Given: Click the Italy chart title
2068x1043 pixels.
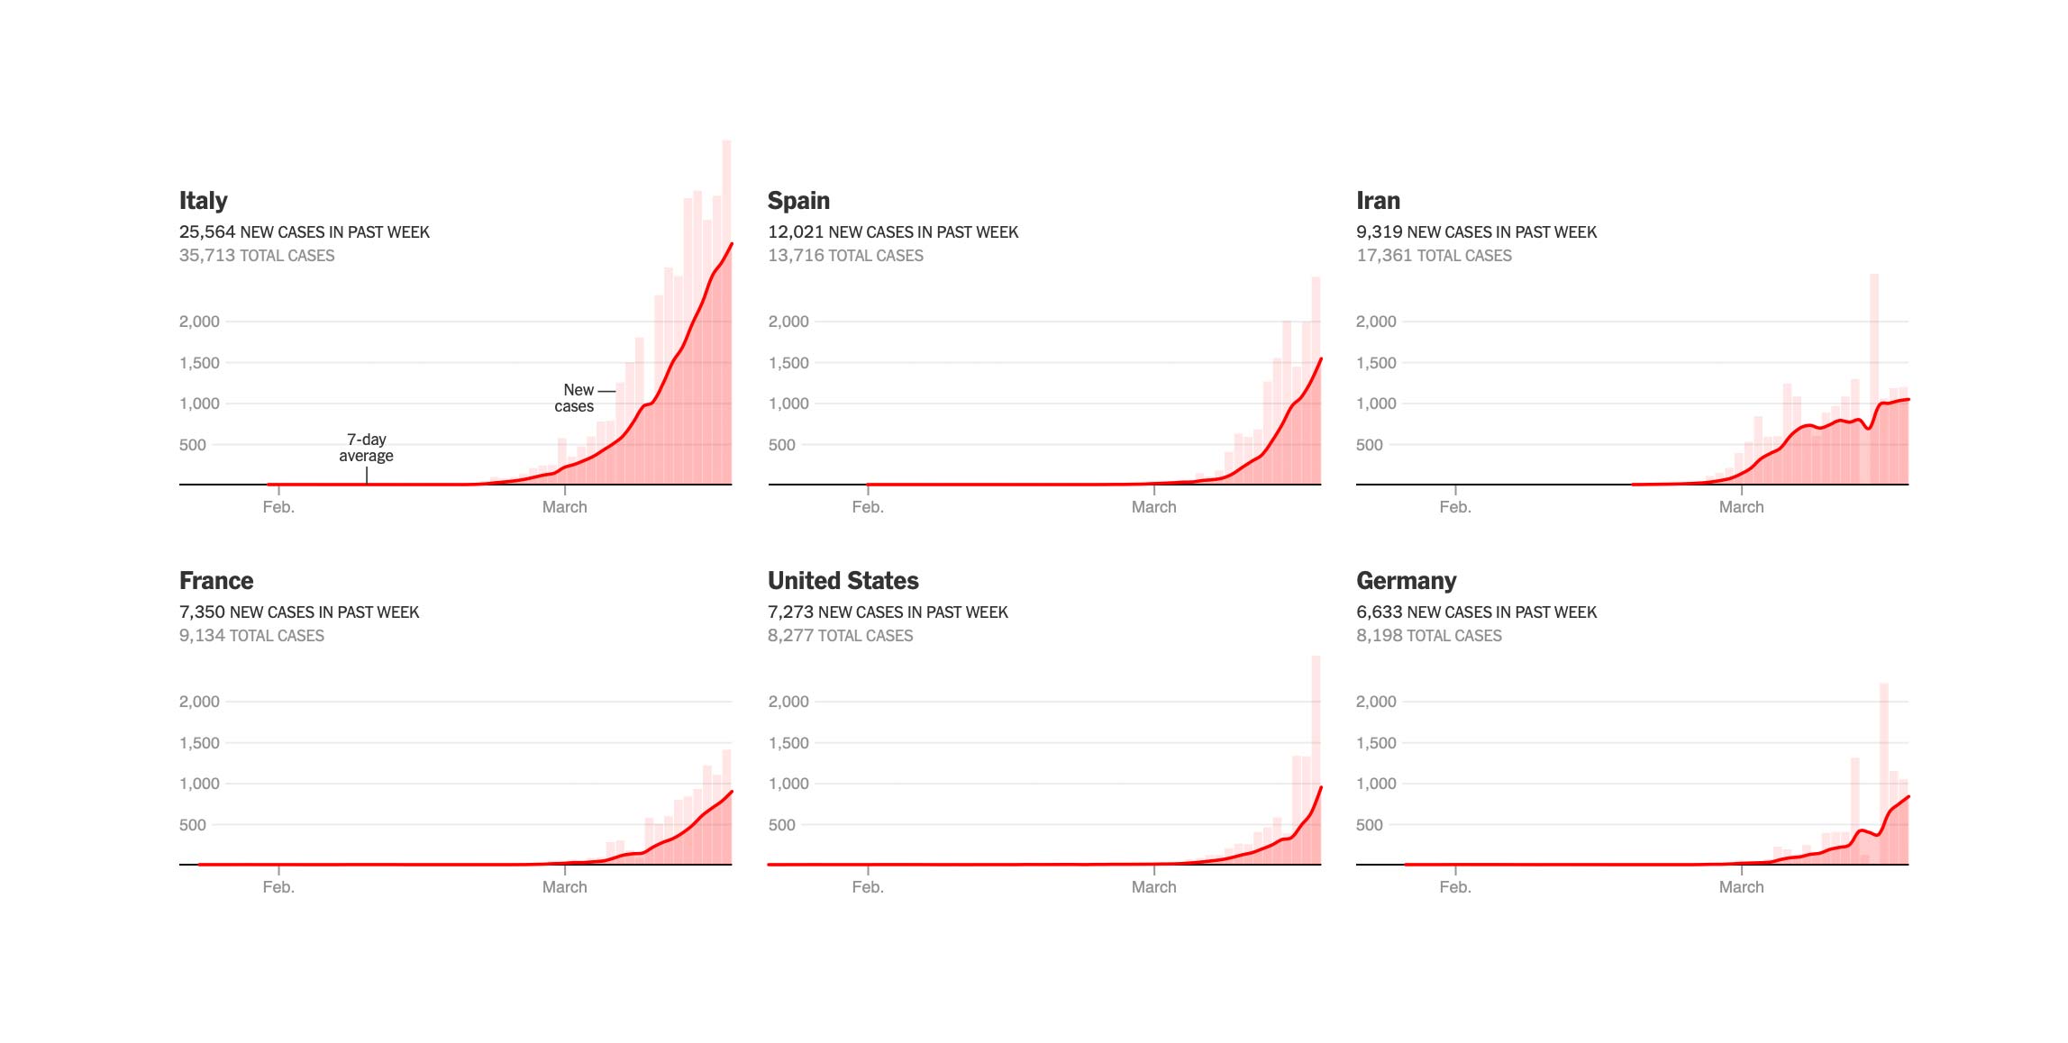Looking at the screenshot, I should point(203,201).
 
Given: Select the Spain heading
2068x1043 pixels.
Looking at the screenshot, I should point(798,201).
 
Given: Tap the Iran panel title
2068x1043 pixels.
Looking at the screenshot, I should point(1378,201).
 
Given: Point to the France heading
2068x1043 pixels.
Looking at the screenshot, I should point(216,581).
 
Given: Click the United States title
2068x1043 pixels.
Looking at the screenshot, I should point(843,581).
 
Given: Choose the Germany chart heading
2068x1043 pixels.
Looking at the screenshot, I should point(1406,581).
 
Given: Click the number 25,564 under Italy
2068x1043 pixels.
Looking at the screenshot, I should point(206,232).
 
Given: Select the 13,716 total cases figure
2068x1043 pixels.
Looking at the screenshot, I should point(796,256).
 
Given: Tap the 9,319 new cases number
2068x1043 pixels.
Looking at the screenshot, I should point(1379,232).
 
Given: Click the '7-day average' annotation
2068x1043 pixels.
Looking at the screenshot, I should point(366,448).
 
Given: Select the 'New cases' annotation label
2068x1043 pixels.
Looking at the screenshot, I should point(575,398).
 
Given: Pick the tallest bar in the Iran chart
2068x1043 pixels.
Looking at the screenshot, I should point(1874,378).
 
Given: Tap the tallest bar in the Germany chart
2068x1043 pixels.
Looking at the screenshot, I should point(1883,775).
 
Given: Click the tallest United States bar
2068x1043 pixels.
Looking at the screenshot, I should point(1316,761).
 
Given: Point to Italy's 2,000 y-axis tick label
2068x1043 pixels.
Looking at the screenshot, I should point(199,322).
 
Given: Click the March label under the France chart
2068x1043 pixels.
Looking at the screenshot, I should point(564,887).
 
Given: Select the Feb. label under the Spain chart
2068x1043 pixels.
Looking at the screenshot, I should point(867,507).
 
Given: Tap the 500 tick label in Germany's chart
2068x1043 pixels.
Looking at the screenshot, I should point(1369,825).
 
